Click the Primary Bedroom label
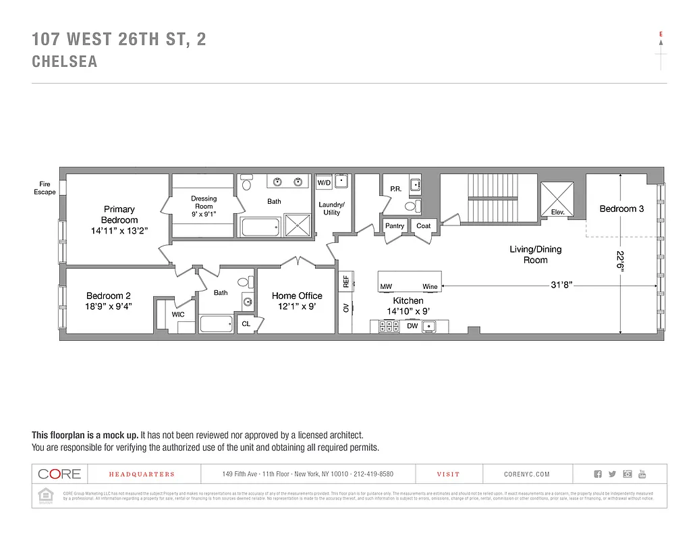tap(119, 215)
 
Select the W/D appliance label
tap(324, 183)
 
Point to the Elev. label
tap(557, 213)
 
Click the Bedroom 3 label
tap(621, 209)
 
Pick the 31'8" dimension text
tap(561, 286)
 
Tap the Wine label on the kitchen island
tap(430, 287)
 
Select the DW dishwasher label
tap(412, 326)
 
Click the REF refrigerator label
tap(345, 281)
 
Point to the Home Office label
tap(297, 296)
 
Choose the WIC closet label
tap(178, 314)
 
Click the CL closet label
tap(246, 324)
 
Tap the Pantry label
tap(395, 225)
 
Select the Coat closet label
tap(423, 225)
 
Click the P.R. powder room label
tap(396, 189)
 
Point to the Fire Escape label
tap(45, 188)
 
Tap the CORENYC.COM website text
tap(526, 475)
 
